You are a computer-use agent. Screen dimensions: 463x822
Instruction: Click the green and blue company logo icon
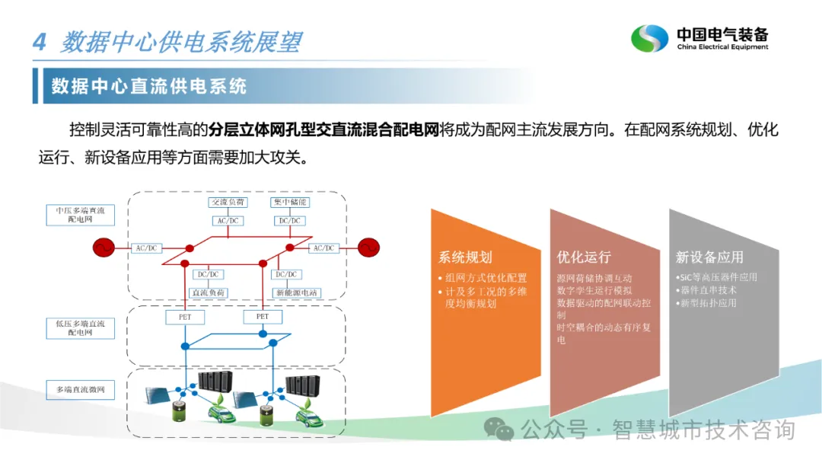(649, 39)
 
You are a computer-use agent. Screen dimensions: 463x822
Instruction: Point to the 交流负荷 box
(228, 203)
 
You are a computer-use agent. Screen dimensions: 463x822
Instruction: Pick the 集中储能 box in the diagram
(289, 203)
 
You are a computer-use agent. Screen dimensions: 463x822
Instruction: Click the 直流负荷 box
(209, 292)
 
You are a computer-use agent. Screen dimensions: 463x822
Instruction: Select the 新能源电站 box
(297, 292)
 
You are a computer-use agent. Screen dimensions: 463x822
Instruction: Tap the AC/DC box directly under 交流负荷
(228, 221)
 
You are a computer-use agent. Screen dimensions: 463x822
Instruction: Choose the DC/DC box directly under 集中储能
(289, 221)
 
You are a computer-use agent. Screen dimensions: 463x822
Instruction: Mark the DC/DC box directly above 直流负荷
(209, 274)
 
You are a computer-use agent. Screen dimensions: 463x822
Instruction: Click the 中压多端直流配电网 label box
(80, 215)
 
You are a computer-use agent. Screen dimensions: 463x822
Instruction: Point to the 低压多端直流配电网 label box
(80, 328)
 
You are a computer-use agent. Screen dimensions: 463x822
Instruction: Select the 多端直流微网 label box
(80, 390)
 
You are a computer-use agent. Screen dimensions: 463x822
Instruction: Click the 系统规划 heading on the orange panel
(464, 257)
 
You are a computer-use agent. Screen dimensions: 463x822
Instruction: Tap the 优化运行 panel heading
(584, 257)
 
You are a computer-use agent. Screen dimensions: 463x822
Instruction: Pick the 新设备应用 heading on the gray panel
(709, 257)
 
